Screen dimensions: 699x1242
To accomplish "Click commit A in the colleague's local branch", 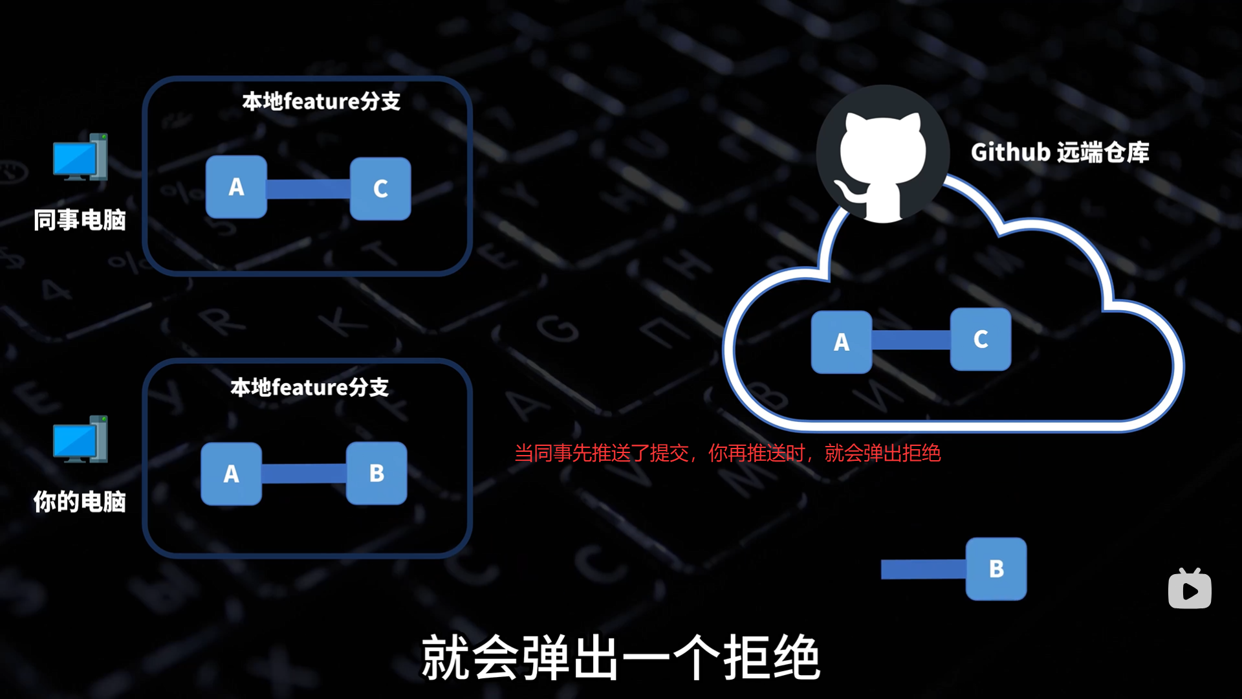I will coord(236,187).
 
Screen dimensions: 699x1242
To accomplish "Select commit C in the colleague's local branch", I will coord(380,188).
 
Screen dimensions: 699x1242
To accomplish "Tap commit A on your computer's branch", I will coord(231,474).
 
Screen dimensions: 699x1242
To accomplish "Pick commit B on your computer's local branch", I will coord(376,473).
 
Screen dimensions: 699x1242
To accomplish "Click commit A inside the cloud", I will coord(842,342).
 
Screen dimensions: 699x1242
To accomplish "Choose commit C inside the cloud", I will coord(981,339).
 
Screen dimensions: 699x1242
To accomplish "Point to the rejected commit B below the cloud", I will coord(996,569).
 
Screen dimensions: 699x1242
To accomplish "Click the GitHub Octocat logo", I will coord(882,154).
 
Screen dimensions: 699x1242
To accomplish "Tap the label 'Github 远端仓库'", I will coord(1060,153).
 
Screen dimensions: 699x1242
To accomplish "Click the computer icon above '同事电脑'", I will coord(80,157).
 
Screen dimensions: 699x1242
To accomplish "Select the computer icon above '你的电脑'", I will coord(80,440).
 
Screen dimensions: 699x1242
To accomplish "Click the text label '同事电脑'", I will coord(80,220).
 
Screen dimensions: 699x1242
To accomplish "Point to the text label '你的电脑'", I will coord(80,502).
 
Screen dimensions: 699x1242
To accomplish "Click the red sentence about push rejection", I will coord(727,453).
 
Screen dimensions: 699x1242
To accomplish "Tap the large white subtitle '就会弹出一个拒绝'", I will coord(621,658).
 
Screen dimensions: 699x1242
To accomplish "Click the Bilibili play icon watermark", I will coord(1190,590).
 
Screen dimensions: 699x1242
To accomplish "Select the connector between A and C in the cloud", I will coord(911,340).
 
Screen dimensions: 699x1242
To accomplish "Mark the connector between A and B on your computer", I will coord(304,474).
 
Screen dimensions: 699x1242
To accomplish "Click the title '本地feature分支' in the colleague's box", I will coord(321,102).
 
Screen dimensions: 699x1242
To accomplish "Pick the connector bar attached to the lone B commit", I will coord(923,570).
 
